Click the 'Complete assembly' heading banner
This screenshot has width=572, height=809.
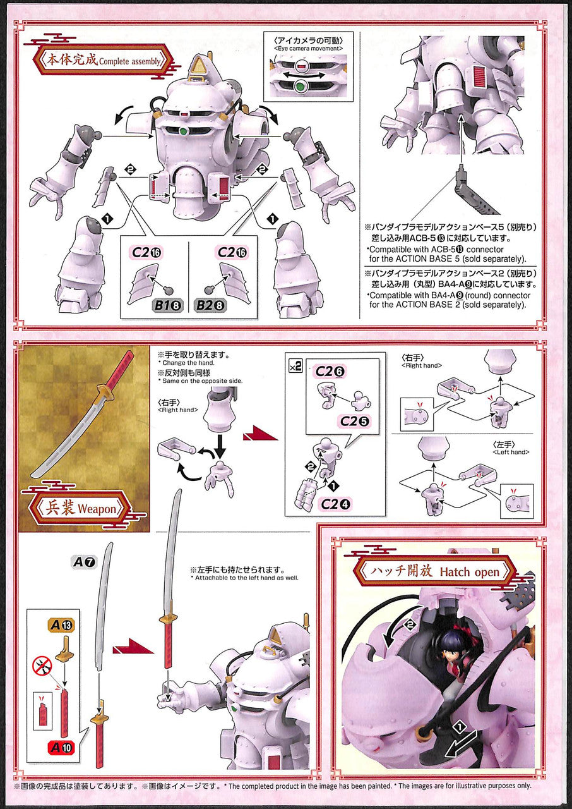click(102, 60)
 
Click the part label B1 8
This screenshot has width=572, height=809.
click(167, 305)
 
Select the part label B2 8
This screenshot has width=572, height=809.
click(210, 305)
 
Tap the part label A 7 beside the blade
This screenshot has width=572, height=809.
click(84, 562)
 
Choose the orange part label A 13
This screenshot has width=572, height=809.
click(62, 625)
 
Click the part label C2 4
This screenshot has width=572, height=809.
click(335, 504)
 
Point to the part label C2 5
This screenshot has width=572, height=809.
click(355, 421)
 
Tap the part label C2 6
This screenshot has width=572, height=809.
click(330, 371)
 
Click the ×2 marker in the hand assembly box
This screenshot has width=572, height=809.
click(295, 367)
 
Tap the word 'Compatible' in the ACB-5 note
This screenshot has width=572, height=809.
click(391, 249)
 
